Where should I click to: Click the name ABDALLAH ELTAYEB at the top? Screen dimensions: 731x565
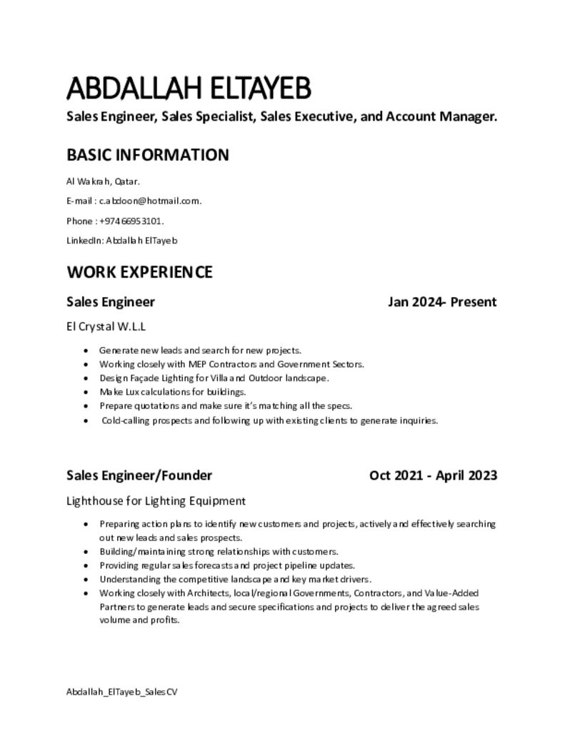point(189,90)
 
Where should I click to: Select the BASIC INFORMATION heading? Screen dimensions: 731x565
point(148,155)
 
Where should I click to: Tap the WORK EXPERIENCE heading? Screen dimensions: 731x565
point(139,272)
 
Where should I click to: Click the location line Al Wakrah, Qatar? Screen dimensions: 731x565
point(98,181)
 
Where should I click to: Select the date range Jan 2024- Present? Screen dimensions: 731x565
point(442,302)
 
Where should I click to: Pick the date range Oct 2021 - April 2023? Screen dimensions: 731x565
point(433,475)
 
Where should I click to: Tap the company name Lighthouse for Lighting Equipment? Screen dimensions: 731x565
point(156,500)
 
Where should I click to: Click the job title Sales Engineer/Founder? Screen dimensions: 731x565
point(139,475)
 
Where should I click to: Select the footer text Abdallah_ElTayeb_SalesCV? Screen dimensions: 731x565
point(121,692)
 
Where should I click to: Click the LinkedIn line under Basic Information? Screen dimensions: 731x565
point(121,241)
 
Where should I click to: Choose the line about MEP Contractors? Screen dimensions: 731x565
point(231,364)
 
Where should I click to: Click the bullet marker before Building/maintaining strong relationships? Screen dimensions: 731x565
point(86,552)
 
